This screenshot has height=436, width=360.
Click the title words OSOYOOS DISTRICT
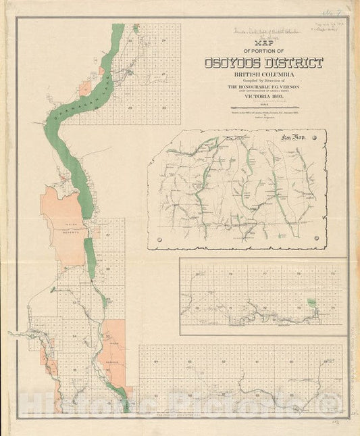point(263,63)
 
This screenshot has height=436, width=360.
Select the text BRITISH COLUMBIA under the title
point(263,75)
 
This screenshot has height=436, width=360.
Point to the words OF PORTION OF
point(263,51)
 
